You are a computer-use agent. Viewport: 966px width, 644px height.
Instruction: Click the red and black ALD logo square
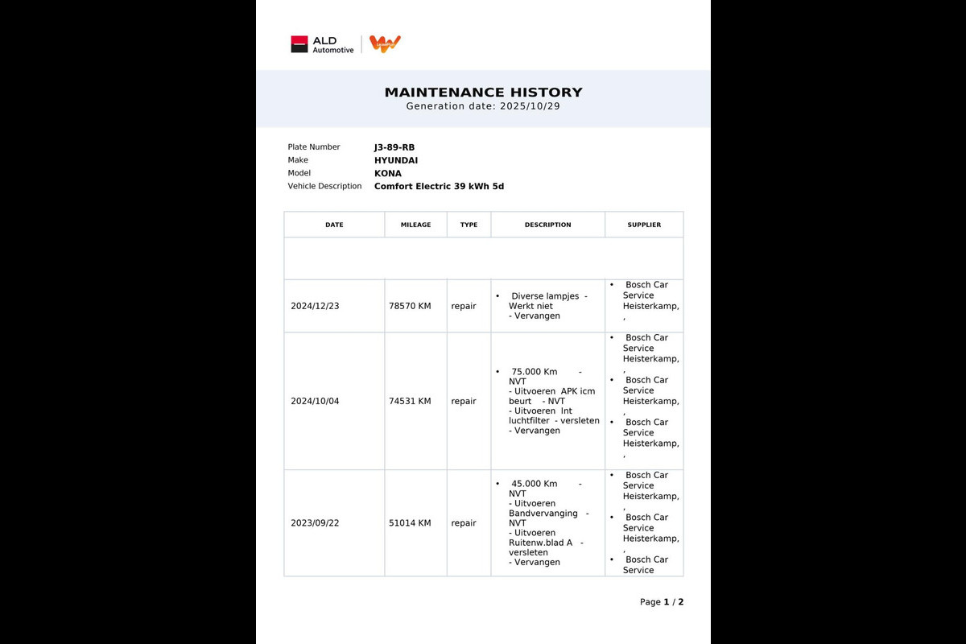click(299, 44)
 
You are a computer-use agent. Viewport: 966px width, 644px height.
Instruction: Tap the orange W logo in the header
click(385, 44)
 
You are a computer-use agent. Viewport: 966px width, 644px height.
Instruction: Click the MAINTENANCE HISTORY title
click(483, 93)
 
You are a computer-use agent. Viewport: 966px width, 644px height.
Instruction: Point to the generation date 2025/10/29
click(529, 106)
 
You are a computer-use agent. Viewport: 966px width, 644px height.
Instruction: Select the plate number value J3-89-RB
click(394, 147)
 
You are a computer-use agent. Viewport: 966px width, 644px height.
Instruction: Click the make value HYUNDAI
click(396, 160)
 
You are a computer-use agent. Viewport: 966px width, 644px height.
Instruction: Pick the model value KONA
click(388, 173)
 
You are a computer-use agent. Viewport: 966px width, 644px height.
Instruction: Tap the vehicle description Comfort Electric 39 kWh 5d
click(439, 186)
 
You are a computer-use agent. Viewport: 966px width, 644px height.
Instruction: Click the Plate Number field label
click(314, 147)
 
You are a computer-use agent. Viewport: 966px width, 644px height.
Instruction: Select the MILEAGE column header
click(415, 225)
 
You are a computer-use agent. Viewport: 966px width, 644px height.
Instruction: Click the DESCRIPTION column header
click(547, 225)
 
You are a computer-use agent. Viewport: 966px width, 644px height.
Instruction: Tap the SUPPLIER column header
click(644, 225)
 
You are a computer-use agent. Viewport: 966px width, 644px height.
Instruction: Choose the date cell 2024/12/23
click(315, 307)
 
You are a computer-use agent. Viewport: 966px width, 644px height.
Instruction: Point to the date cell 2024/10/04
click(315, 401)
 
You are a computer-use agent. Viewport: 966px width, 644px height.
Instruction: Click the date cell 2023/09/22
click(315, 523)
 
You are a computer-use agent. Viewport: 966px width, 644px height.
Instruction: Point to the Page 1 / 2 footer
click(662, 602)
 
